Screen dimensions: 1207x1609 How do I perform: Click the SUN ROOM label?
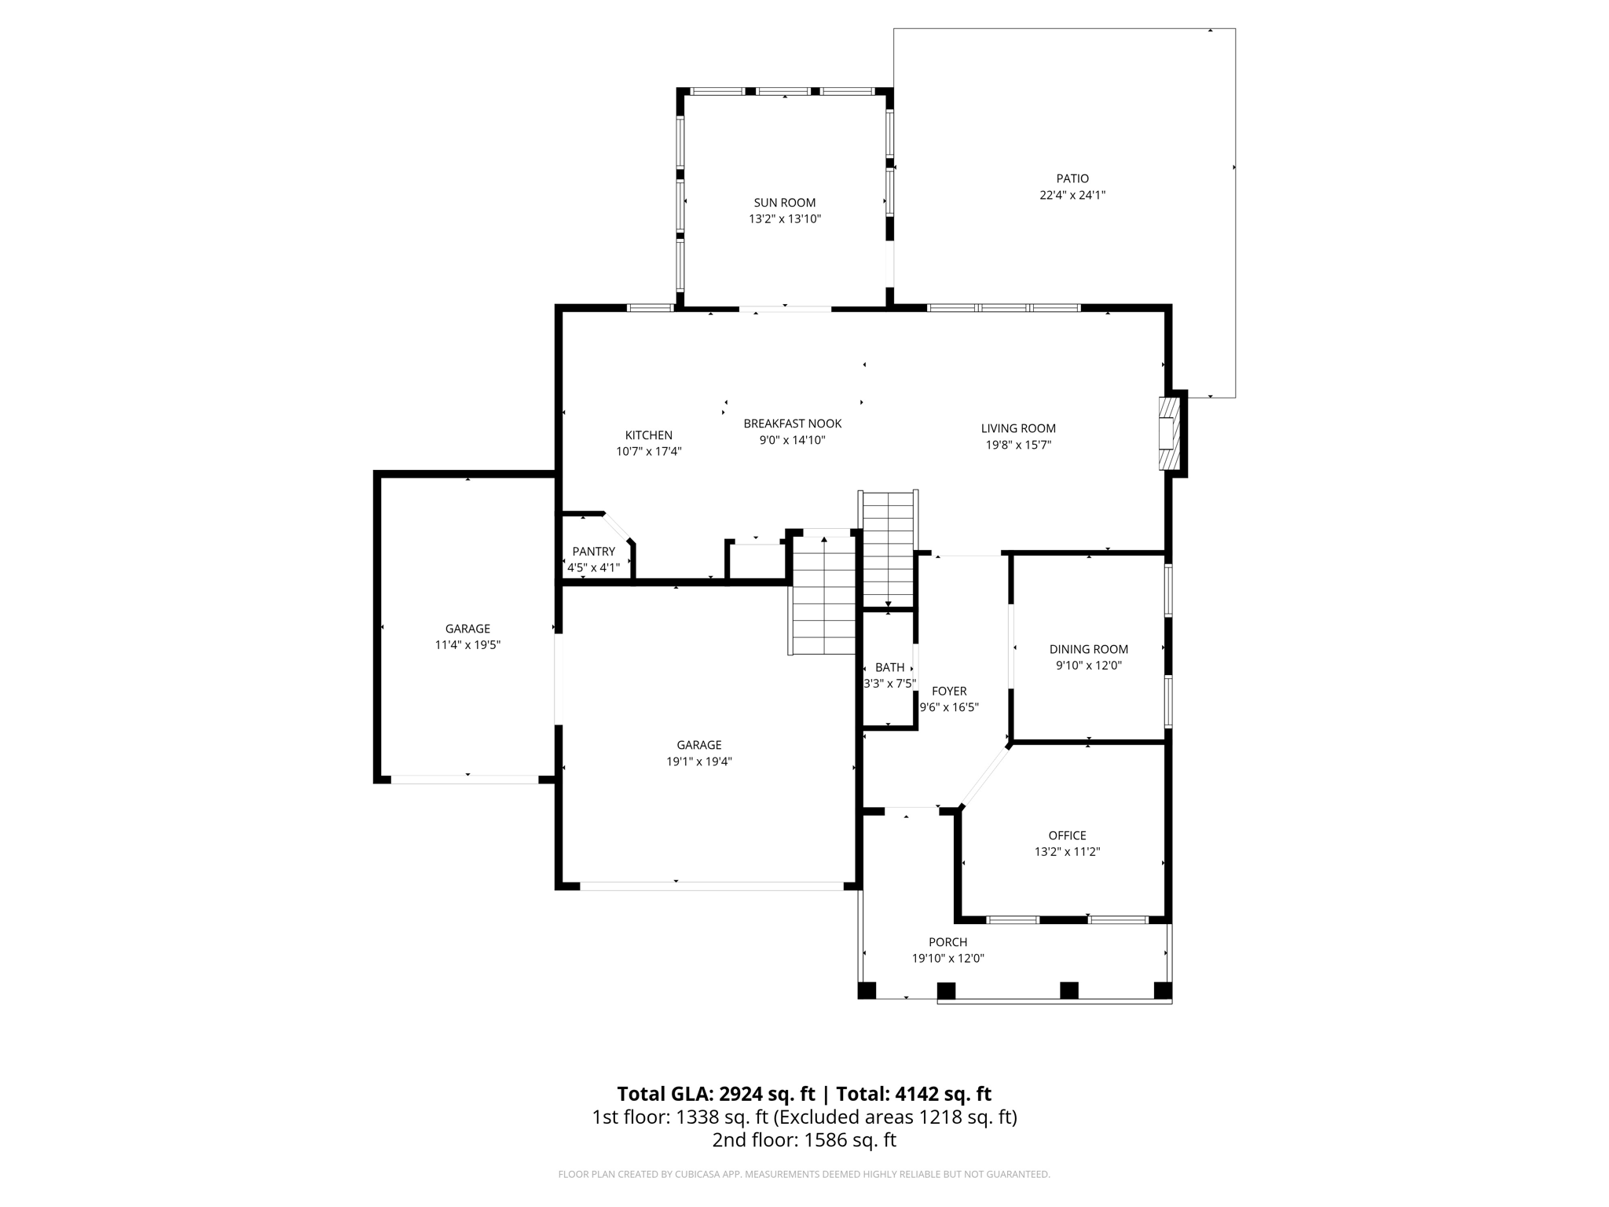(x=784, y=203)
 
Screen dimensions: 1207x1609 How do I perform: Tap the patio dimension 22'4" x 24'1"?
(x=1072, y=195)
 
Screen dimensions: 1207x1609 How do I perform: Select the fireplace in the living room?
(x=1169, y=434)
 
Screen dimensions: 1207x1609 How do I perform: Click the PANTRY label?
(x=593, y=552)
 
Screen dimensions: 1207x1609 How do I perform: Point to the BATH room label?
(x=889, y=667)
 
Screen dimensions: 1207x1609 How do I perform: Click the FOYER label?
(x=949, y=691)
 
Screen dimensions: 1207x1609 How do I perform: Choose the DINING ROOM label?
(x=1088, y=649)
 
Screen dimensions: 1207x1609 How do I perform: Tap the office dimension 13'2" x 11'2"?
(x=1067, y=852)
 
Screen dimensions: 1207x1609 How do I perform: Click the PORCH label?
(x=947, y=942)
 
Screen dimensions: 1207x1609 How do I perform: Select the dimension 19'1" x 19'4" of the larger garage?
(x=699, y=761)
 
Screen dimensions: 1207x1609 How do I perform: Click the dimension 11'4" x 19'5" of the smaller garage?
(x=467, y=645)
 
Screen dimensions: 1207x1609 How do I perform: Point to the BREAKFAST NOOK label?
(x=792, y=424)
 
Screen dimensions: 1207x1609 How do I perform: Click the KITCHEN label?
(x=648, y=435)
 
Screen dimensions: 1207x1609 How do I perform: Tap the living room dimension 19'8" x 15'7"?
(x=1018, y=445)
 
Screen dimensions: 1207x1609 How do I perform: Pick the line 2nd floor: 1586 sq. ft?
(x=804, y=1140)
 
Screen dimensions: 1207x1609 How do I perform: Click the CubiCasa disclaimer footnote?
(x=804, y=1174)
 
